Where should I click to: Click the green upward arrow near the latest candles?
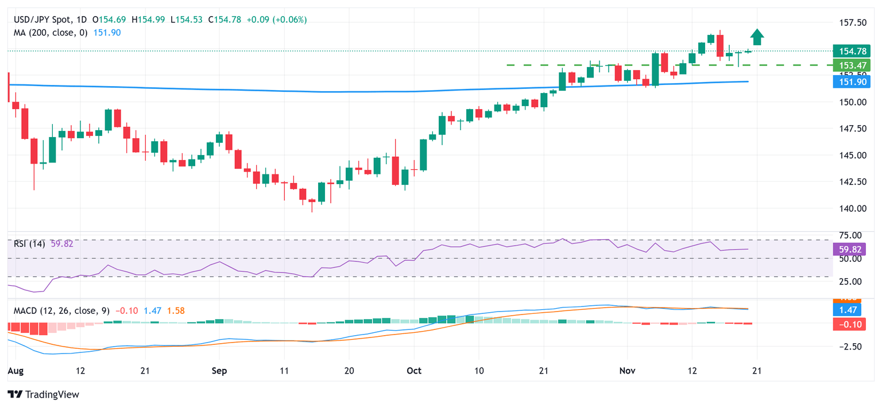coord(757,37)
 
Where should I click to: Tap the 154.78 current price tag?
coord(849,51)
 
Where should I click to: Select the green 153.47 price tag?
coord(849,65)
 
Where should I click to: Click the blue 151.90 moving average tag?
coord(849,81)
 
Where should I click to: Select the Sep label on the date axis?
coord(219,371)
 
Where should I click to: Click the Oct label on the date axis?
coord(413,371)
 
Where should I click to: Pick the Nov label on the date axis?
coord(627,371)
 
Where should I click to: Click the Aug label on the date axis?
coord(16,371)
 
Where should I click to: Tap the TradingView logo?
coord(43,395)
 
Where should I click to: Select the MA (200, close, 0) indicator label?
coord(51,33)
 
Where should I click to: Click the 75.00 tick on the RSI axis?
coord(849,235)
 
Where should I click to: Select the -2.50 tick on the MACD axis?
coord(850,347)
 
